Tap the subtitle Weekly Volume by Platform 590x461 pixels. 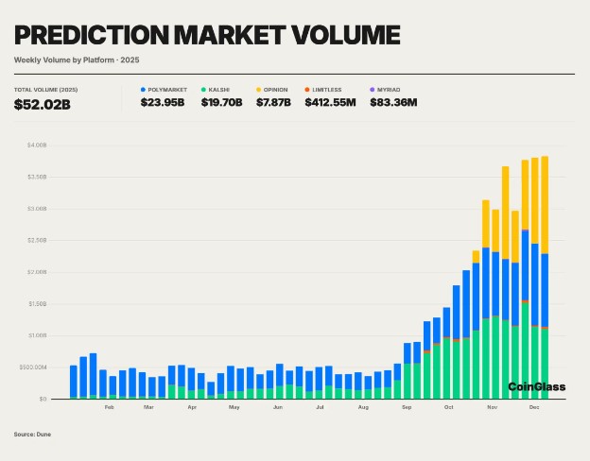pyautogui.click(x=67, y=60)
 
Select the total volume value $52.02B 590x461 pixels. pyautogui.click(x=43, y=103)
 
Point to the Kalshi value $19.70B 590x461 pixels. pyautogui.click(x=223, y=102)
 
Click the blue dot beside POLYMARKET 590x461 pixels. pyautogui.click(x=143, y=89)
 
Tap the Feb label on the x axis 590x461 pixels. pyautogui.click(x=109, y=407)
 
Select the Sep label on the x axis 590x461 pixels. pyautogui.click(x=407, y=407)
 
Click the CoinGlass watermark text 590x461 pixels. pyautogui.click(x=536, y=386)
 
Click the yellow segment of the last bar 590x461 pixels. pyautogui.click(x=546, y=204)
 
